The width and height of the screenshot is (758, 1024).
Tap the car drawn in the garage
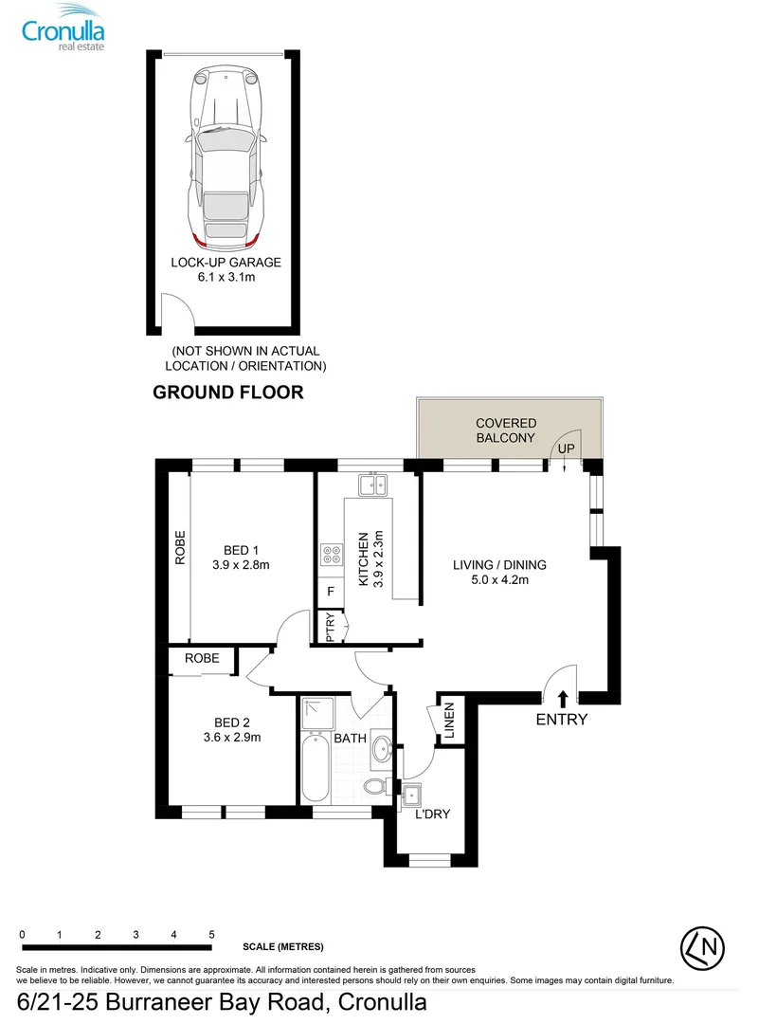pos(226,158)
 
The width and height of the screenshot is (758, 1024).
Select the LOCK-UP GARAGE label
pos(226,262)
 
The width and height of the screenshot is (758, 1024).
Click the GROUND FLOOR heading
pos(227,392)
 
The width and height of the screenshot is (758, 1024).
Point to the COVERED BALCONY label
pos(506,430)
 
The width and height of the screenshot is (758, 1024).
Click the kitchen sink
pos(372,485)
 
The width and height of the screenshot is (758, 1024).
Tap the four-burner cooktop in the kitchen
pos(332,555)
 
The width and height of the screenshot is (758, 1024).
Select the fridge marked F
pos(331,592)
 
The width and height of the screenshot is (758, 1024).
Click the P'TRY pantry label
pos(331,627)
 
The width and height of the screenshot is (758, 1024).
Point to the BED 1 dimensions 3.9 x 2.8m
pos(241,565)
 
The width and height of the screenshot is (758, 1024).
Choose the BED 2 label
pos(232,722)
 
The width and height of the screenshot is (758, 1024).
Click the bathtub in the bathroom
pos(316,767)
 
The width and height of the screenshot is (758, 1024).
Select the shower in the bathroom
pos(318,713)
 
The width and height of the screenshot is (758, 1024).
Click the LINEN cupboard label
pos(449,721)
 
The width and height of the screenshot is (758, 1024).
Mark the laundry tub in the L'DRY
pos(411,795)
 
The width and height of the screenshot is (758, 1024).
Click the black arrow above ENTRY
pos(564,699)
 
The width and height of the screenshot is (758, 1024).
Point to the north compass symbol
pos(702,947)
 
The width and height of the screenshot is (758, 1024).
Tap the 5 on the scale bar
pos(211,935)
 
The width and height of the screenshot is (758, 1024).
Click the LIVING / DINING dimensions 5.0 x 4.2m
pos(499,579)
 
